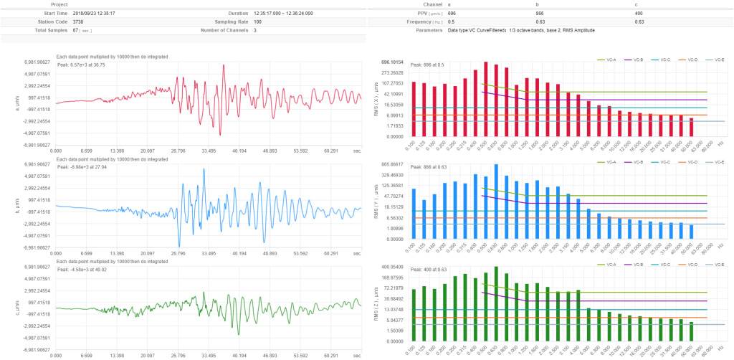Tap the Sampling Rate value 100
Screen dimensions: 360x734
[x=258, y=22]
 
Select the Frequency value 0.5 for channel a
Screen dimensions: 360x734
[x=451, y=22]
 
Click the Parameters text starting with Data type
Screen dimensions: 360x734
[x=520, y=31]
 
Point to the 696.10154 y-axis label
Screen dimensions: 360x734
[x=393, y=62]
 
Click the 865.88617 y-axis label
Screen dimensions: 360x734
[x=393, y=164]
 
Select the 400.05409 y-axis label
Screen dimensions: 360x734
[x=393, y=267]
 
